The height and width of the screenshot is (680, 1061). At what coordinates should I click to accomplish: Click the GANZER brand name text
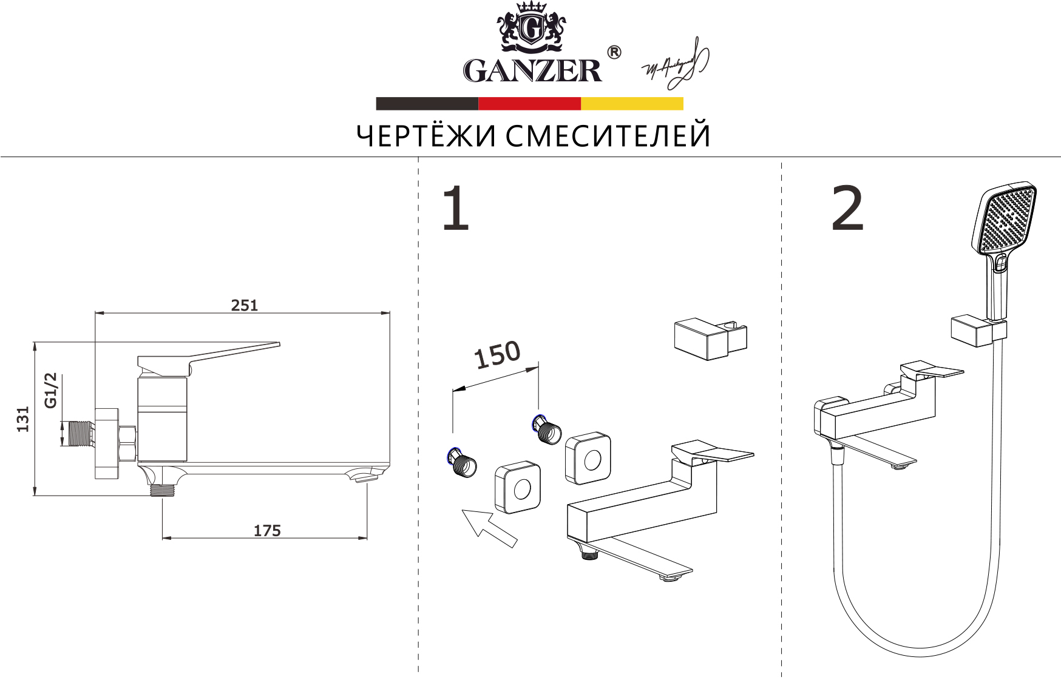532,70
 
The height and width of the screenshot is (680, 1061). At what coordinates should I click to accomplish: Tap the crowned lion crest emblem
531,27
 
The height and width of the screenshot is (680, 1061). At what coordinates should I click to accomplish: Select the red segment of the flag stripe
529,104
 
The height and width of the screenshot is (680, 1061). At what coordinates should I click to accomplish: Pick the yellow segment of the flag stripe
632,104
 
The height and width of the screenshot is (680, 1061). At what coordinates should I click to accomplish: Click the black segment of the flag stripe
427,104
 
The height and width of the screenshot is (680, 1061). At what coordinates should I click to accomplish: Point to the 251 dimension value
244,305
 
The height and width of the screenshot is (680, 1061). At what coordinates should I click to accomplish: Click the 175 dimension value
267,531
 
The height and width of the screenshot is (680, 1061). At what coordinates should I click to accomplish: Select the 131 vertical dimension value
22,419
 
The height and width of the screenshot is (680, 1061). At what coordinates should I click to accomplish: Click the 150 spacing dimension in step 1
497,355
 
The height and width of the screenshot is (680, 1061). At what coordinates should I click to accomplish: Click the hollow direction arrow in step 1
489,527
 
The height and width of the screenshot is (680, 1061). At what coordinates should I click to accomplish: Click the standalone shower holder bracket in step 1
709,339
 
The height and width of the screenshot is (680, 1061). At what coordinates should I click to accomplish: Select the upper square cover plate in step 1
588,459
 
